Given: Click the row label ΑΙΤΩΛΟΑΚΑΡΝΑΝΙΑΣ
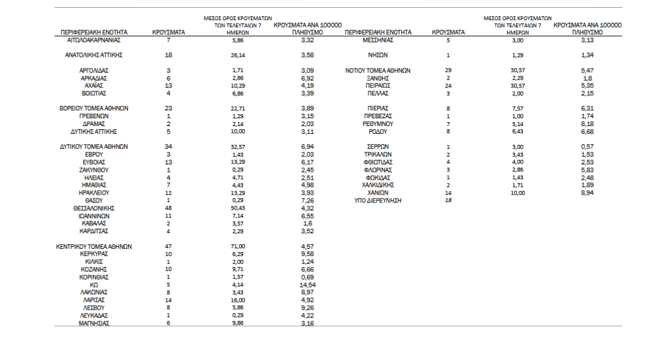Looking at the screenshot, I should coord(93,40).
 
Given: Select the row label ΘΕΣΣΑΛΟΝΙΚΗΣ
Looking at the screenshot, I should coord(93,208).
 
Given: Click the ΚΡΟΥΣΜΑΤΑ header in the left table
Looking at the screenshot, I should coord(168,31).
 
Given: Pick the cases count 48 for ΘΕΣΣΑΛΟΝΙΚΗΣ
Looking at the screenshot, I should coord(168,208).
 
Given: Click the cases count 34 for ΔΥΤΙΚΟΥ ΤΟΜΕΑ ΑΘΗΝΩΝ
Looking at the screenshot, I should coord(168,146).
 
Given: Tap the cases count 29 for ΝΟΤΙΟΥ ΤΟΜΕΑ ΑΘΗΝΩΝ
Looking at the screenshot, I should coord(448,71).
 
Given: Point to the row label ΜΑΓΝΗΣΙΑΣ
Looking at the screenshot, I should coord(93,323).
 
